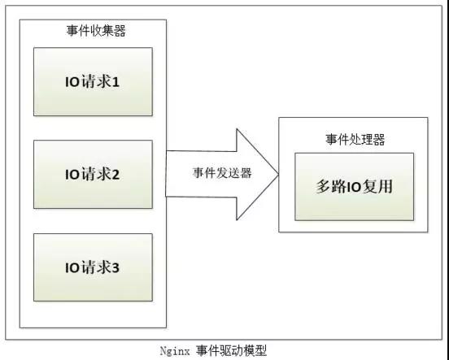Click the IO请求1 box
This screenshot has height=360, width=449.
(93, 81)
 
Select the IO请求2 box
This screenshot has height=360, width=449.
(93, 174)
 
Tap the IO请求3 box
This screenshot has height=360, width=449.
(93, 267)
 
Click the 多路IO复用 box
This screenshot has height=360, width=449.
(354, 187)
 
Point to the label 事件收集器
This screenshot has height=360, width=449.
(96, 31)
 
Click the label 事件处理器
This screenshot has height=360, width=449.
(355, 139)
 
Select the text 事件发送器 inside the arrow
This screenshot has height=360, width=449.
(222, 173)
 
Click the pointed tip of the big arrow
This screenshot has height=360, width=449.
(279, 174)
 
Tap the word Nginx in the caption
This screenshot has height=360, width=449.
(175, 351)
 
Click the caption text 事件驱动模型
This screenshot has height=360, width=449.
(231, 351)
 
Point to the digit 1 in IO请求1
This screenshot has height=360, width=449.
(116, 83)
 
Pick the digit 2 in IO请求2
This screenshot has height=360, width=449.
(116, 175)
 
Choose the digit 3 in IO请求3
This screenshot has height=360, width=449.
(116, 268)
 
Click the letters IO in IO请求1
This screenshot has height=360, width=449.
(72, 82)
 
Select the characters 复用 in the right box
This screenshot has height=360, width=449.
(377, 187)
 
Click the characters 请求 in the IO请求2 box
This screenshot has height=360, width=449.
(96, 175)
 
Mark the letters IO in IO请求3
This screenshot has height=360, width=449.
(72, 268)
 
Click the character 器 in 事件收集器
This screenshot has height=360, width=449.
(120, 31)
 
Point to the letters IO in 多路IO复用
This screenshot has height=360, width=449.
(355, 188)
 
